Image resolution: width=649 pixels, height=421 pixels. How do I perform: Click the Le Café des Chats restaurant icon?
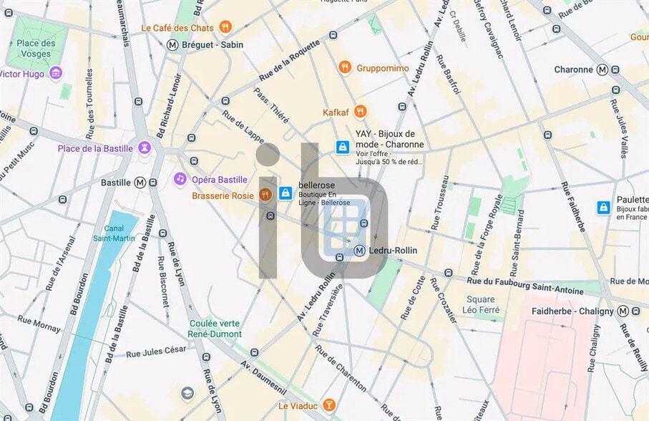(225, 28)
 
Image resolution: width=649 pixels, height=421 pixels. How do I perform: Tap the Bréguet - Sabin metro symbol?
(172, 44)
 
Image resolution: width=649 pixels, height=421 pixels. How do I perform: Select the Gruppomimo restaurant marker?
(345, 68)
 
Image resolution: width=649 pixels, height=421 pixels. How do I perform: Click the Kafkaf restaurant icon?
(360, 112)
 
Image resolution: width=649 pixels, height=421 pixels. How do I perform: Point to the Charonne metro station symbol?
(602, 69)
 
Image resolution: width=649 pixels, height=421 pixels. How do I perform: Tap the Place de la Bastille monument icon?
(145, 148)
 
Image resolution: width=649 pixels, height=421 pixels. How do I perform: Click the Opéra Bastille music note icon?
(180, 179)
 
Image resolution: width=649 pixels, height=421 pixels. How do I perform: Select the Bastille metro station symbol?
(140, 183)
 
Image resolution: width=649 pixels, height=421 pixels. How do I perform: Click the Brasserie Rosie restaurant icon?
(265, 195)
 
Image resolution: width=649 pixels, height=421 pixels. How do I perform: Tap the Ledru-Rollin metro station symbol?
(359, 251)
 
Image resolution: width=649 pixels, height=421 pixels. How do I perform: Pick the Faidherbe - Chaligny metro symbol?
(624, 311)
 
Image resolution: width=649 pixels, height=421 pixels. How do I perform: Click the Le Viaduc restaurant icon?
(329, 405)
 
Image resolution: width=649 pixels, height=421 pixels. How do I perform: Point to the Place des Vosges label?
(35, 49)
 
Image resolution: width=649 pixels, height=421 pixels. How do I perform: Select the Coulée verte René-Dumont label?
(215, 329)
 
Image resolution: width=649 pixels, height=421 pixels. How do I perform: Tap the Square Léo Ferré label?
(480, 304)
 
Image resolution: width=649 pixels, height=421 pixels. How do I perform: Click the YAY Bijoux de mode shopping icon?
(343, 147)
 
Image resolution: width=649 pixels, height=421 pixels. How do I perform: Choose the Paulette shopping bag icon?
(604, 208)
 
